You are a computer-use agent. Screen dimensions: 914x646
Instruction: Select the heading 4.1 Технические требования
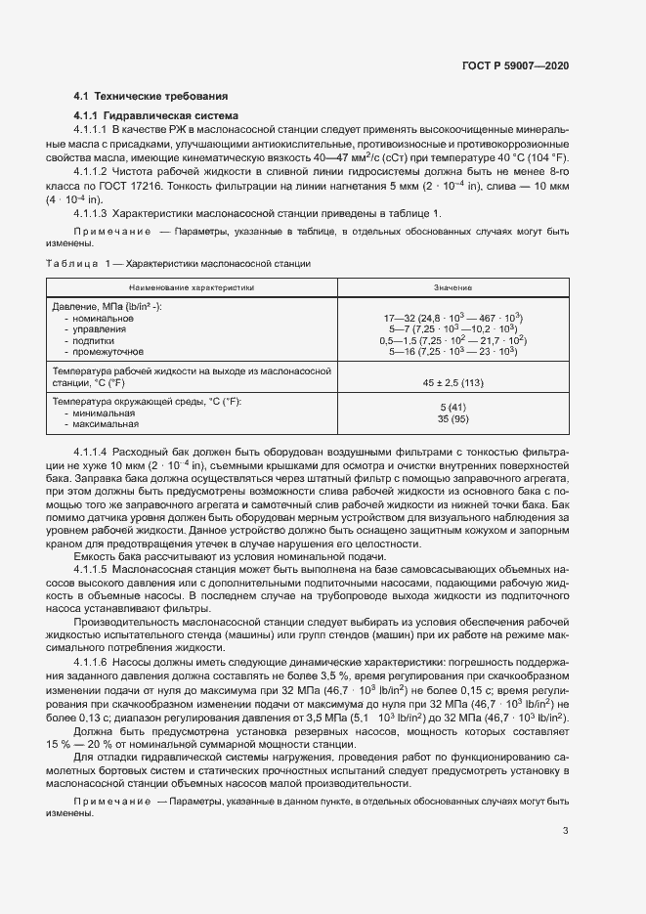(151, 96)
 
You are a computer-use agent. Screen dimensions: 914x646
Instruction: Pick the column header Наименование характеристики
(193, 288)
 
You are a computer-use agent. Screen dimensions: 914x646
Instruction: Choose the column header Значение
(452, 288)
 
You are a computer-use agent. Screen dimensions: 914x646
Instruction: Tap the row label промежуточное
(103, 350)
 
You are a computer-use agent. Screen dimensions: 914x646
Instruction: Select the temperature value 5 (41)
(452, 406)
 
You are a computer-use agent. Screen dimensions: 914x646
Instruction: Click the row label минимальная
(100, 413)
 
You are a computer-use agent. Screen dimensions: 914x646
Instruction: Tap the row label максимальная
(102, 424)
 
